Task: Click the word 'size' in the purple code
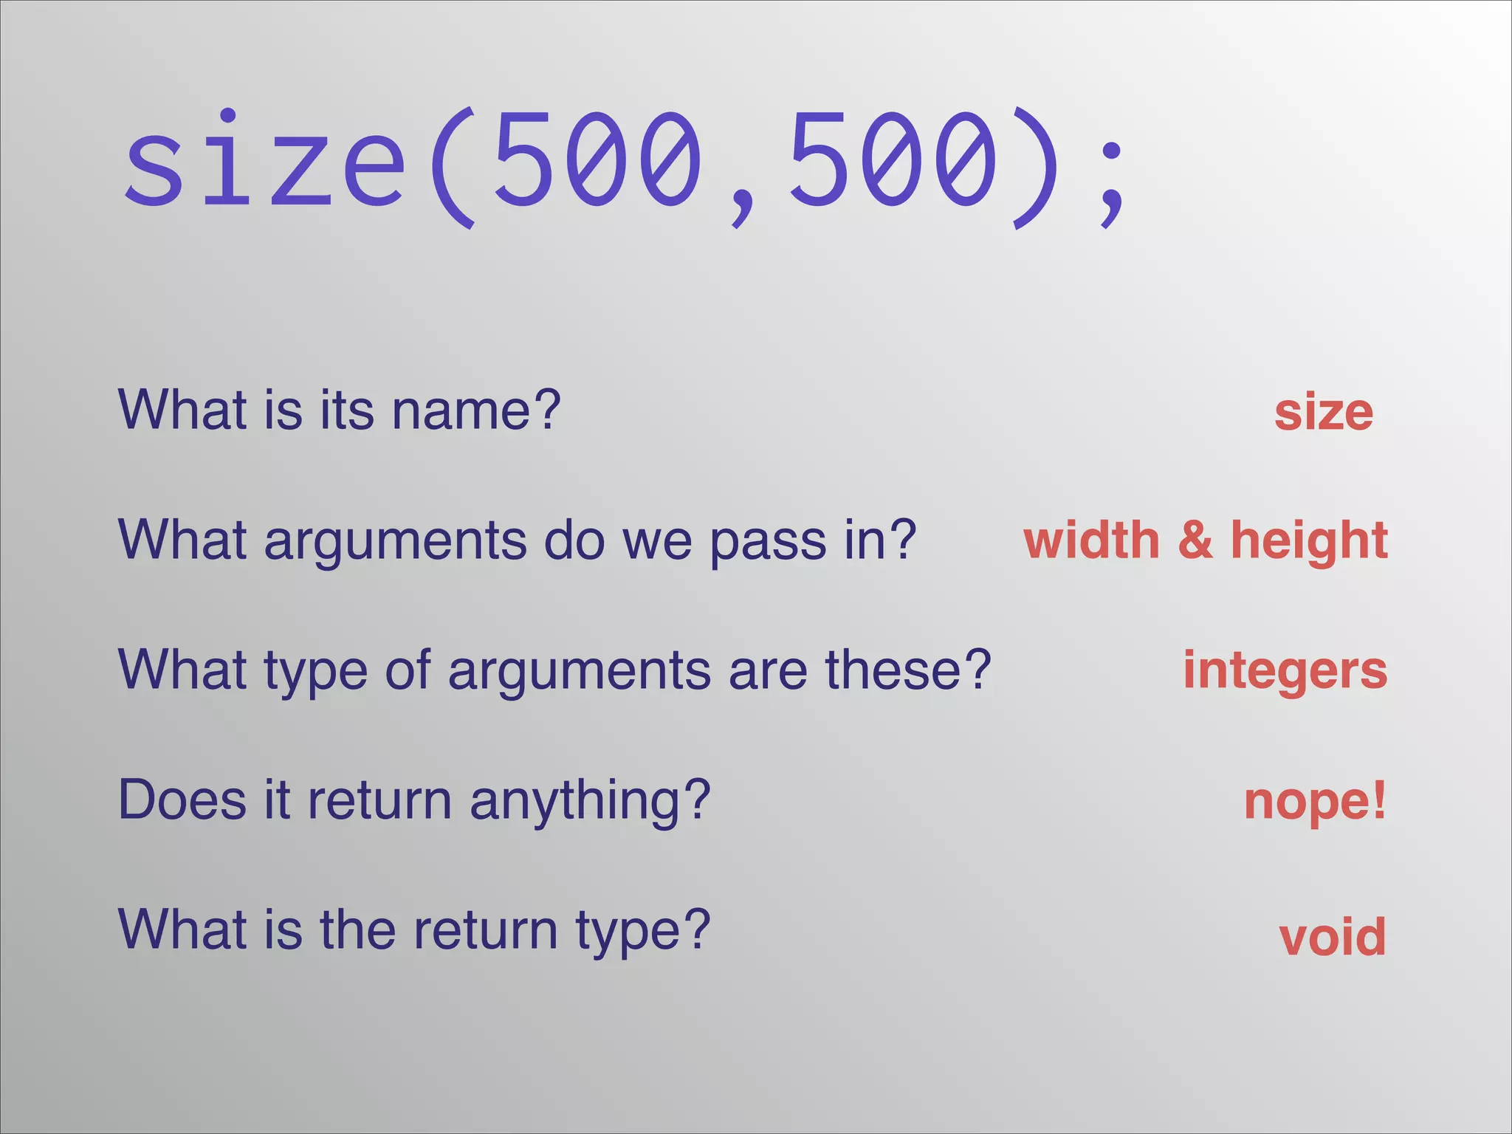264,158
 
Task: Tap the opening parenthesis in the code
451,168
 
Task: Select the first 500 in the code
597,158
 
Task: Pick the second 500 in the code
893,158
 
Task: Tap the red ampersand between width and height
1195,540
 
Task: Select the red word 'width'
1091,540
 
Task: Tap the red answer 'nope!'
1315,801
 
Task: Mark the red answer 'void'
1332,936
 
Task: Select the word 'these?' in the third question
907,670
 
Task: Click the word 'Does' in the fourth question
182,800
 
